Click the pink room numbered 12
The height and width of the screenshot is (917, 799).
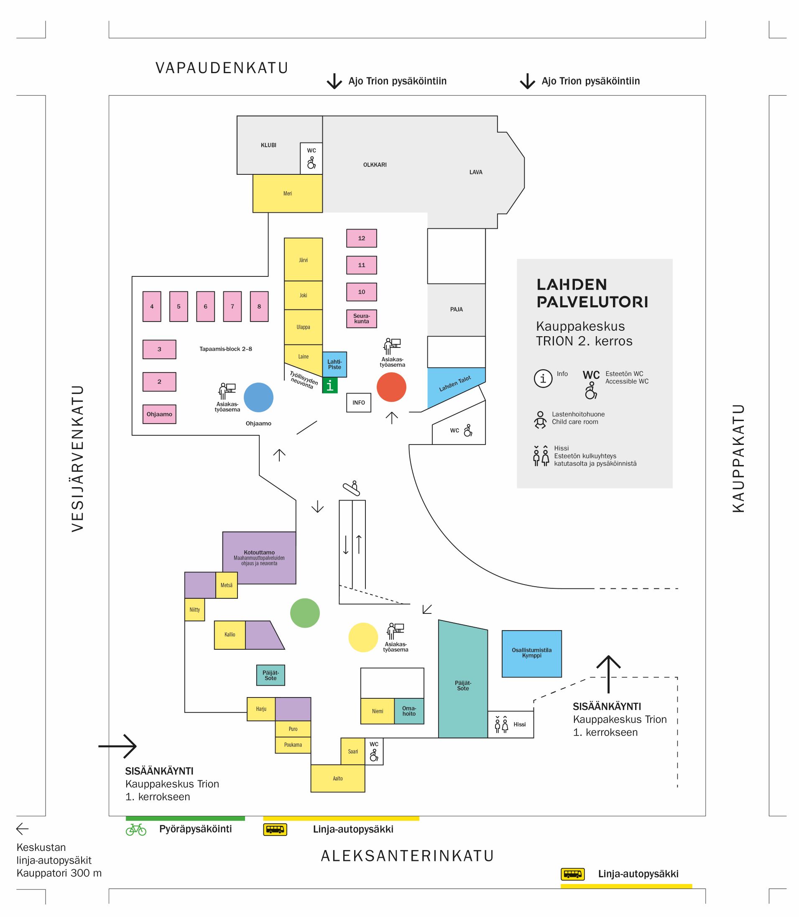pyautogui.click(x=361, y=238)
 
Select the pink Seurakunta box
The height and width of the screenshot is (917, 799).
pyautogui.click(x=361, y=319)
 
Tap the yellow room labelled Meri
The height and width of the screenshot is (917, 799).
pyautogui.click(x=287, y=193)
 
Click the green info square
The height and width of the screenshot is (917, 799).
pyautogui.click(x=329, y=385)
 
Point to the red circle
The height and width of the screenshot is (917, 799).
pyautogui.click(x=391, y=387)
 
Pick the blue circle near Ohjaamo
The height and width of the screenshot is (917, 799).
pyautogui.click(x=258, y=397)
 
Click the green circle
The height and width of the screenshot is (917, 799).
pyautogui.click(x=304, y=613)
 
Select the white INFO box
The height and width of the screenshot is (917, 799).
pyautogui.click(x=358, y=403)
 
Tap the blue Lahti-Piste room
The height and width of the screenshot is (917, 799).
pyautogui.click(x=334, y=364)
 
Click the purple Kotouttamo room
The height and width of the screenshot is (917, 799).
pyautogui.click(x=259, y=558)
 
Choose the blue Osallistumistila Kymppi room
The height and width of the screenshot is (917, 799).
pyautogui.click(x=531, y=653)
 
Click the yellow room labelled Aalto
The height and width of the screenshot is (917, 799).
pyautogui.click(x=337, y=778)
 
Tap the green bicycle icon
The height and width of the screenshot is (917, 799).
pyautogui.click(x=136, y=829)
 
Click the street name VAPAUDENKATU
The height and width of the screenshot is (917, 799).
pyautogui.click(x=222, y=68)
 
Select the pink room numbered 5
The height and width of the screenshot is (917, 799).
pyautogui.click(x=179, y=306)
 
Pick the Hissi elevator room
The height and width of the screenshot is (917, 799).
pyautogui.click(x=510, y=724)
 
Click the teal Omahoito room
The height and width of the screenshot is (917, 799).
pyautogui.click(x=409, y=710)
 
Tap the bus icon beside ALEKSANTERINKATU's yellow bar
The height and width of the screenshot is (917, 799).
pyautogui.click(x=275, y=829)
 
